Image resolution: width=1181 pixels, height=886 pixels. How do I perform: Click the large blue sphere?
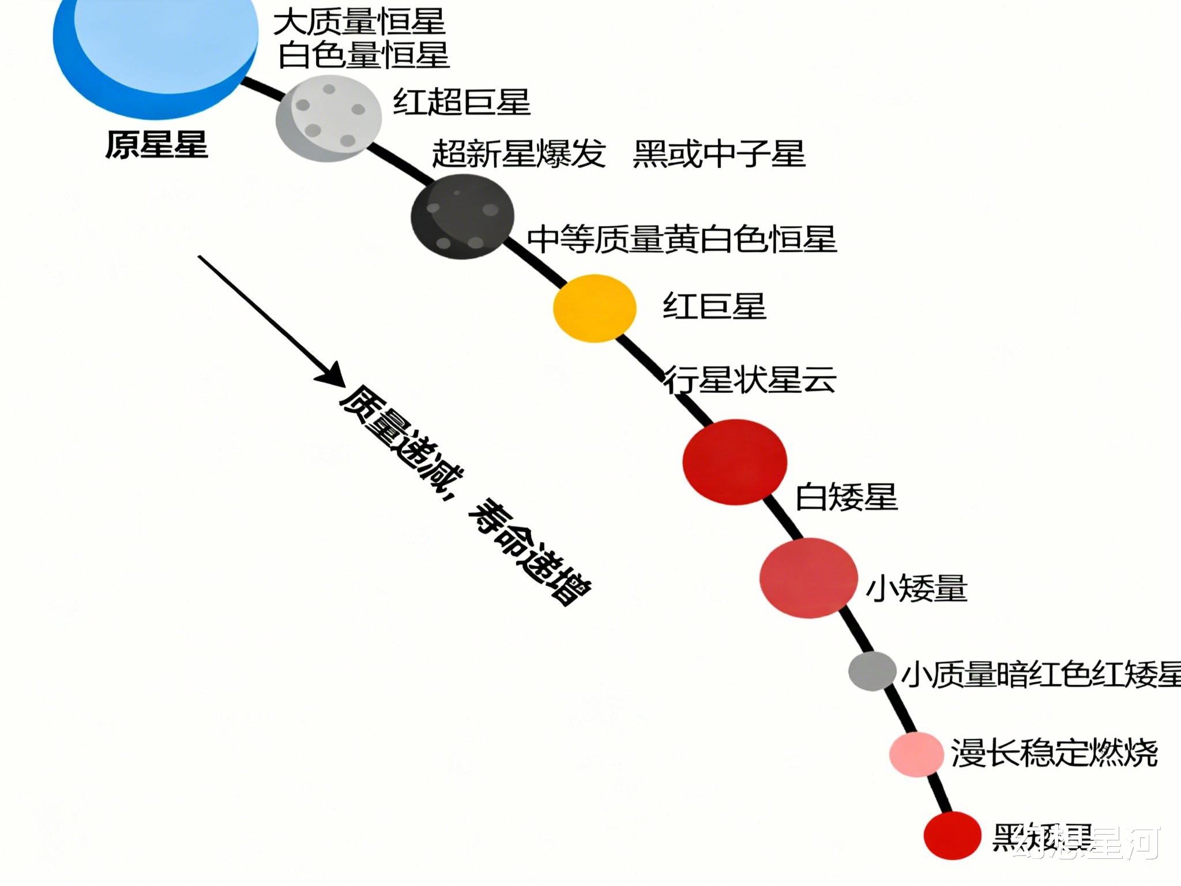pyautogui.click(x=156, y=46)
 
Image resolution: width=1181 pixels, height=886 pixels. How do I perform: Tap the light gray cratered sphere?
pyautogui.click(x=329, y=118)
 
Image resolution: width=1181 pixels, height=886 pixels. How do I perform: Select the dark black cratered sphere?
pyautogui.click(x=462, y=216)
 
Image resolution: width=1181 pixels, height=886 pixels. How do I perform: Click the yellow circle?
pyautogui.click(x=595, y=309)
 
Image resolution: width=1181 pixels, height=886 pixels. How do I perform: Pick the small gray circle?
pyautogui.click(x=872, y=671)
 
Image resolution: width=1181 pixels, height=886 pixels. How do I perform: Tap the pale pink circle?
pyautogui.click(x=916, y=754)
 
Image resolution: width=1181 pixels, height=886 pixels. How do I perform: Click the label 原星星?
pyautogui.click(x=156, y=144)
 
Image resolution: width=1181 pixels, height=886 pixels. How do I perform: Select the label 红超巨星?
pyautogui.click(x=461, y=102)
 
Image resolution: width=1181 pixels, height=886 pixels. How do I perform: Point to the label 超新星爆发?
pyautogui.click(x=519, y=153)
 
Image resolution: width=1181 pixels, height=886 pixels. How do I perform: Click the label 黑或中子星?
pyautogui.click(x=719, y=153)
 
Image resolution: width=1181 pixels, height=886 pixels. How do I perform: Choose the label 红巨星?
pyautogui.click(x=714, y=306)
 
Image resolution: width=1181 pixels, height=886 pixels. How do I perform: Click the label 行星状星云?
pyautogui.click(x=750, y=380)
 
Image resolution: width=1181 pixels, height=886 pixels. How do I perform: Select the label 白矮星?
pyautogui.click(x=847, y=497)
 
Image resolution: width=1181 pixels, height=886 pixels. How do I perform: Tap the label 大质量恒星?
pyautogui.click(x=359, y=22)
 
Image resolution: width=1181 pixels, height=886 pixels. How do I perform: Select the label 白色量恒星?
pyautogui.click(x=363, y=55)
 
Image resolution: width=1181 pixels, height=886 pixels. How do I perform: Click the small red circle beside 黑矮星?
pyautogui.click(x=952, y=835)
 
